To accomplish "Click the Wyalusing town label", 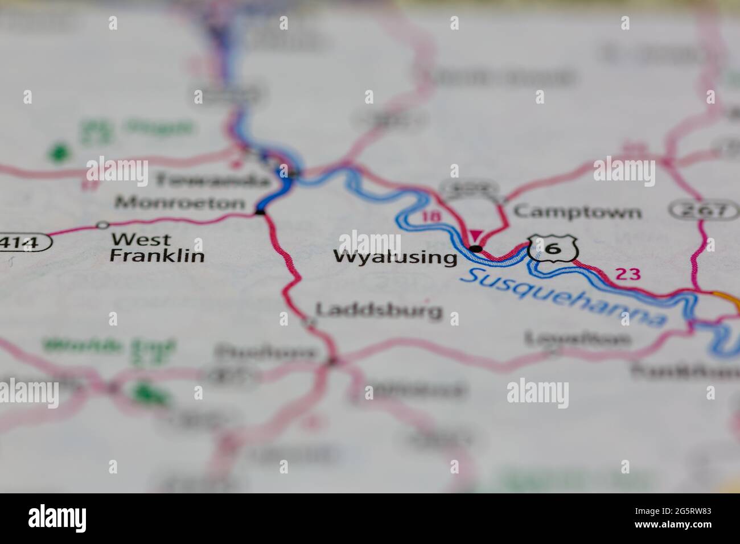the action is pos(395,257).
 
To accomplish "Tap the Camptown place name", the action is pos(577,212).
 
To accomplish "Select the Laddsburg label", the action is pos(379,310).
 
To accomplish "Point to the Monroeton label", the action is pos(180,203).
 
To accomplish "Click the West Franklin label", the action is pos(157,248).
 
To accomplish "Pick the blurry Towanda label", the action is pos(212,181).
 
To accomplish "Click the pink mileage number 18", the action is pos(431,216).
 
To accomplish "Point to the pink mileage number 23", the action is pos(628,274).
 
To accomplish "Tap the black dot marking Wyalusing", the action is pos(476,249).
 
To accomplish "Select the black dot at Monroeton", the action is pos(260,212).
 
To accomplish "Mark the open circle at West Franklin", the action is pos(102,225).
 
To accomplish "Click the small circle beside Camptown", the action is pos(500,200).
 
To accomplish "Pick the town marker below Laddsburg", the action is pos(310,324).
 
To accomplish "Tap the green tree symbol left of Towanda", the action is pos(59,153).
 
